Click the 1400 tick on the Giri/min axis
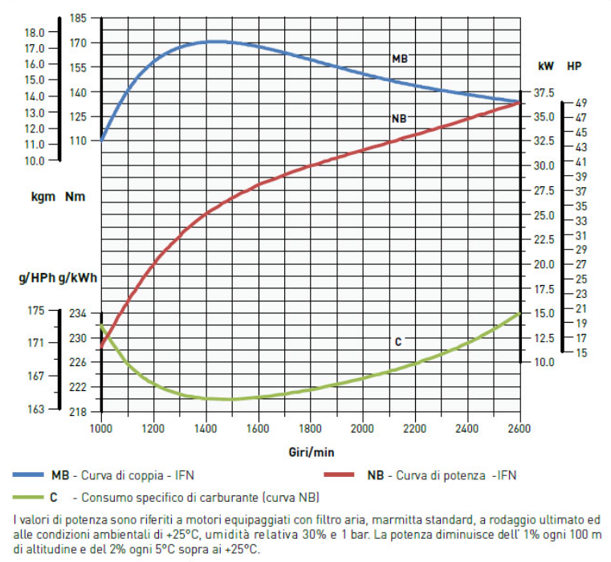[206, 427]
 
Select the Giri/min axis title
[311, 453]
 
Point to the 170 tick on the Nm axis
[79, 43]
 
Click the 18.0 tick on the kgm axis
[35, 33]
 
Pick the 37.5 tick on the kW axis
[544, 92]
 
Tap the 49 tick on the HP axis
[580, 103]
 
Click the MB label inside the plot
[399, 59]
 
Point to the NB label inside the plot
[399, 119]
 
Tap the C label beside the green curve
[397, 342]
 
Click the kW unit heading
[545, 66]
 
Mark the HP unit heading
[575, 66]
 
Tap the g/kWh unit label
[79, 279]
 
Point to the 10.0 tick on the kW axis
[544, 362]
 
